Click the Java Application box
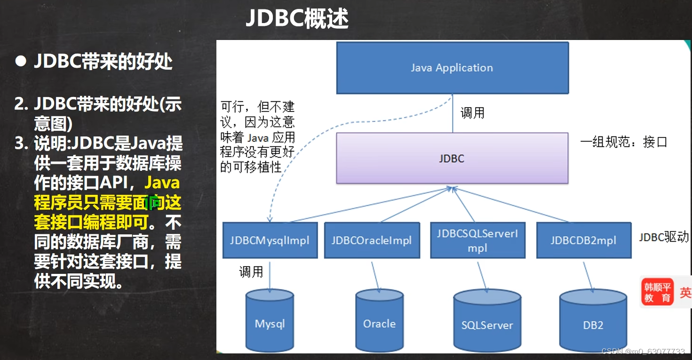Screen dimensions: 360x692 [x=452, y=68]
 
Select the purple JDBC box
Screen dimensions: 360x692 [x=452, y=158]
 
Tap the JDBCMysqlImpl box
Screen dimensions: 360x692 [x=270, y=240]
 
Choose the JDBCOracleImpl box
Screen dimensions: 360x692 [x=372, y=240]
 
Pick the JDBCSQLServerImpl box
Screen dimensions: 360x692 [x=477, y=240]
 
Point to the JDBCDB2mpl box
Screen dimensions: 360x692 [x=583, y=240]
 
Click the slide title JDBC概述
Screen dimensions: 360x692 [x=297, y=19]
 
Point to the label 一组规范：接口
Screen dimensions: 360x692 [x=624, y=142]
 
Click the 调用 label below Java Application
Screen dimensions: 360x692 [x=472, y=113]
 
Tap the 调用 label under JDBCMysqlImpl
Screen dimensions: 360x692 [x=251, y=272]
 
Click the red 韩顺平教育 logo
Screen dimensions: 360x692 [x=658, y=292]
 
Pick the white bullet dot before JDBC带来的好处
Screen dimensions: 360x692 [x=20, y=62]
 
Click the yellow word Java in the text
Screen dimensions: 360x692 [x=162, y=182]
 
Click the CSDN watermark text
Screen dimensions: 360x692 [x=643, y=352]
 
